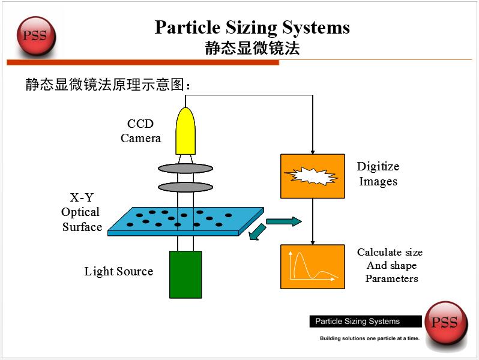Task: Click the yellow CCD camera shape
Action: pyautogui.click(x=185, y=132)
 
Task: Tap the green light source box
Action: pyautogui.click(x=185, y=274)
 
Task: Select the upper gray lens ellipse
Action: pyautogui.click(x=185, y=167)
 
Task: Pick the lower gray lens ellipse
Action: pyautogui.click(x=185, y=187)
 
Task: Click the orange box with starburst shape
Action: pyautogui.click(x=312, y=176)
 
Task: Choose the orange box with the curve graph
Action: pyautogui.click(x=312, y=266)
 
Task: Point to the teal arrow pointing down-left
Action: pyautogui.click(x=257, y=232)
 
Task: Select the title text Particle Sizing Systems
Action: pyautogui.click(x=252, y=28)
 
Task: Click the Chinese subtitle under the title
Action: pyautogui.click(x=252, y=49)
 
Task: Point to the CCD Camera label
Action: pyautogui.click(x=140, y=131)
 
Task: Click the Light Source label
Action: pyautogui.click(x=118, y=271)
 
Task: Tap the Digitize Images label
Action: pyautogui.click(x=378, y=173)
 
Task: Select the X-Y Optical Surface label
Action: pyautogui.click(x=82, y=212)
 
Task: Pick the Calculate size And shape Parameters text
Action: pyautogui.click(x=390, y=265)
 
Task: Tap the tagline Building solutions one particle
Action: pyautogui.click(x=369, y=338)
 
